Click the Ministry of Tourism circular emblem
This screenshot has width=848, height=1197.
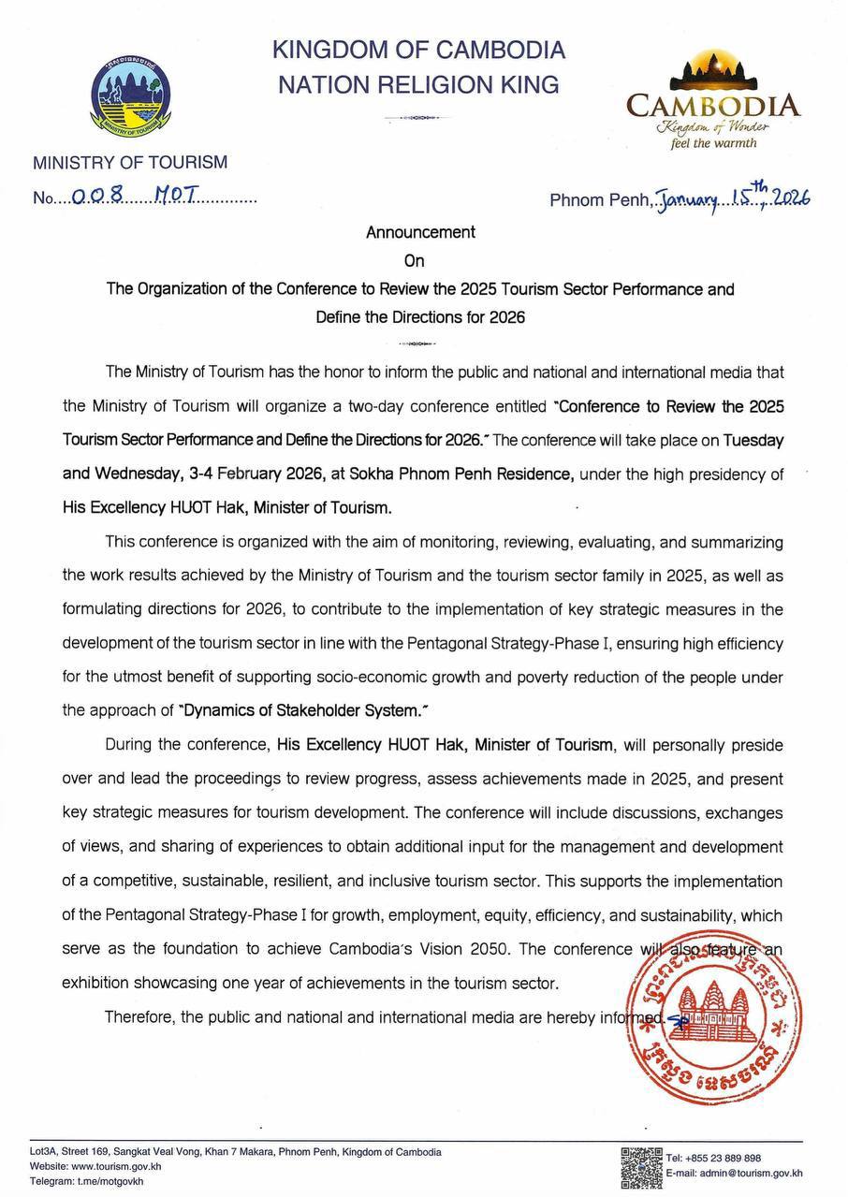(129, 95)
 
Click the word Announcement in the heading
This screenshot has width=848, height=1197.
(420, 232)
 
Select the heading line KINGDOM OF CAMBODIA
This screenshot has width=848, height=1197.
(418, 49)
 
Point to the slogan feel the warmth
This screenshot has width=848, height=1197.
(713, 143)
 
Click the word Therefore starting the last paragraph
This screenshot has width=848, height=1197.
(138, 1016)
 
